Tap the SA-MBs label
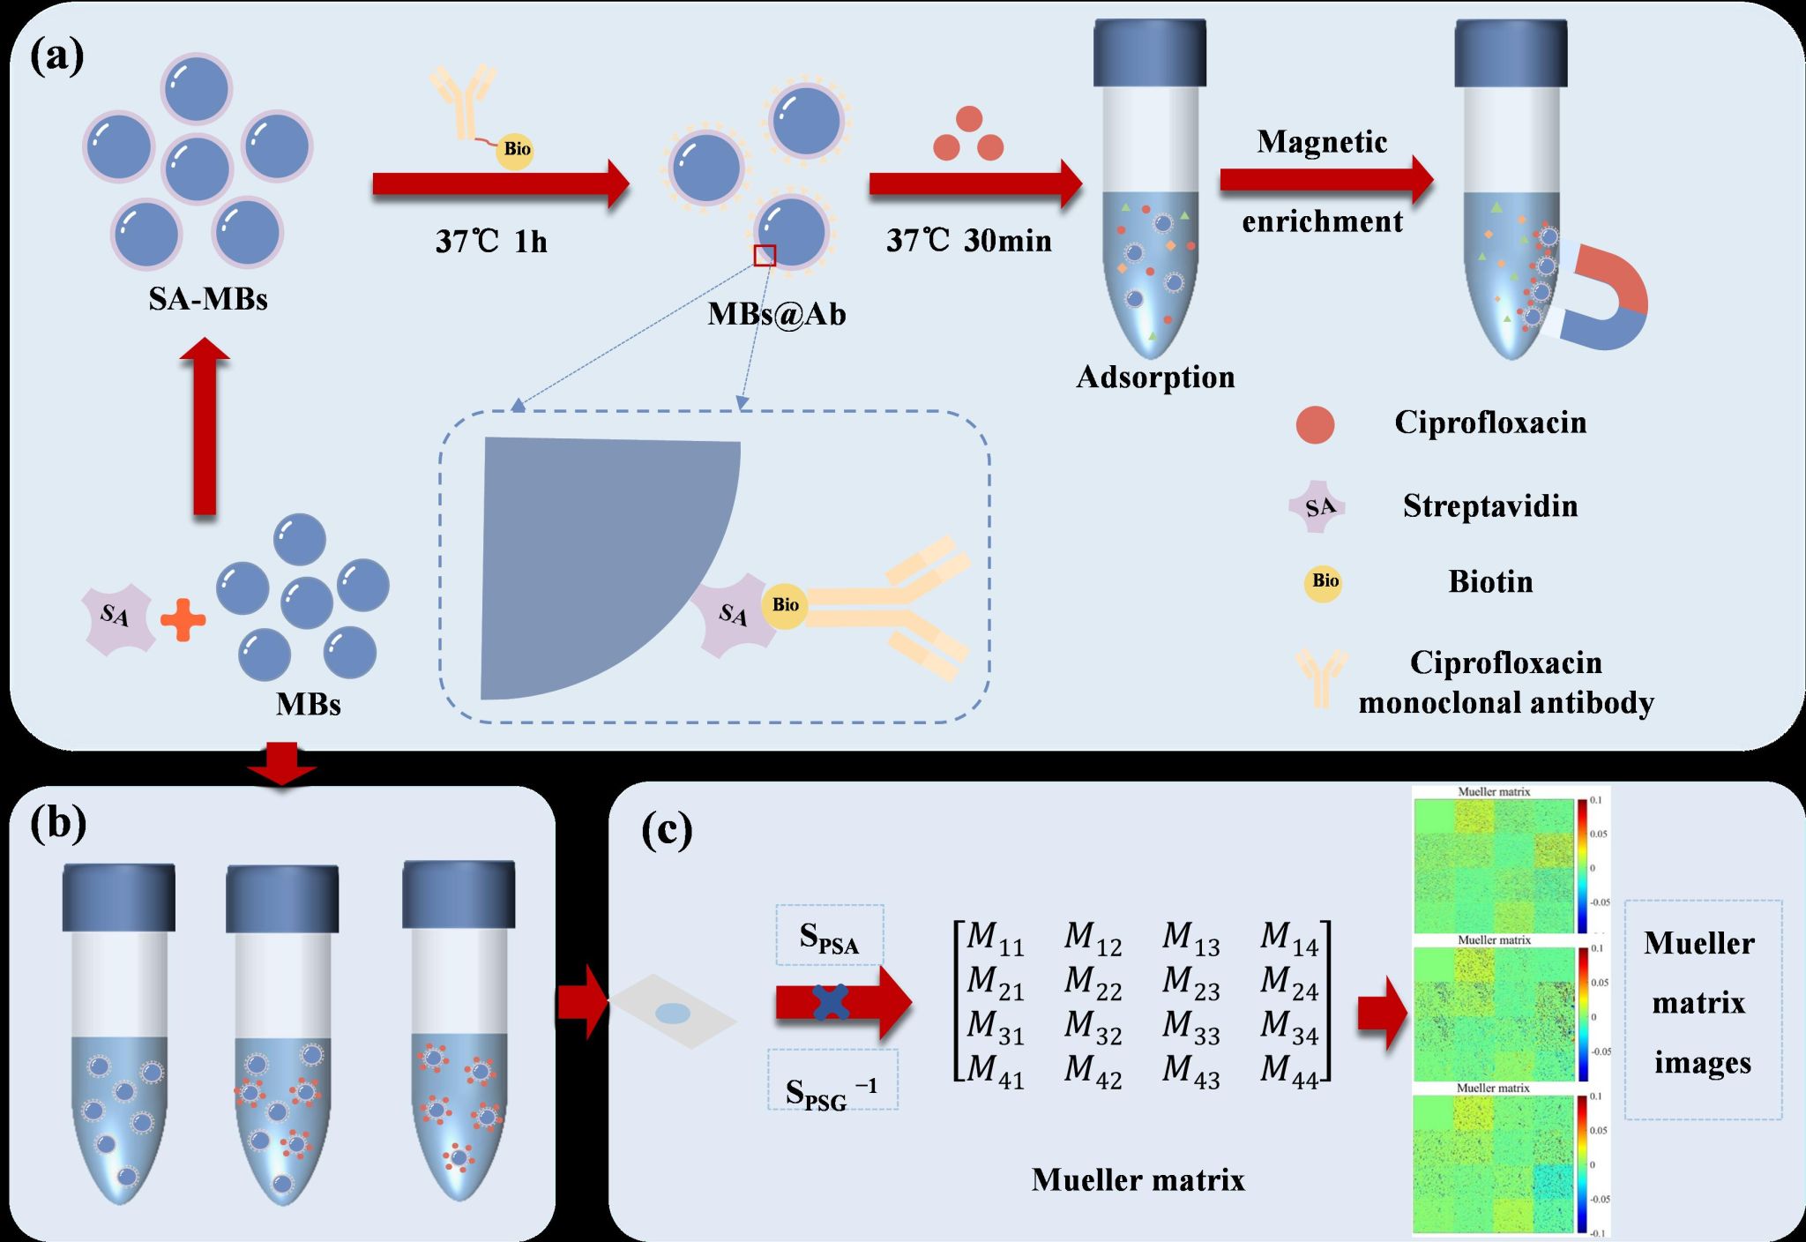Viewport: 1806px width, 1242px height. pos(208,299)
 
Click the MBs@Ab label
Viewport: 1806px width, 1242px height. pos(776,314)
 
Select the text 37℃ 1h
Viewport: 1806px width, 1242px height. pos(491,241)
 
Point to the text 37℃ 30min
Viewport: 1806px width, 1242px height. pos(968,240)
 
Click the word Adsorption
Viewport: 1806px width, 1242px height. pos(1155,377)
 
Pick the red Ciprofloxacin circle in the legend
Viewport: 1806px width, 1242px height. pos(1315,424)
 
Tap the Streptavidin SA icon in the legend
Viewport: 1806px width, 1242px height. pos(1318,507)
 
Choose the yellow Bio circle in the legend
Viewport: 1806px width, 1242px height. pos(1324,582)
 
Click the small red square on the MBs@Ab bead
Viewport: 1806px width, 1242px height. pos(765,255)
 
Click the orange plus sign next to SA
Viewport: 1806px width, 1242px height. pos(183,619)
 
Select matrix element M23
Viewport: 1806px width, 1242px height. pos(1190,982)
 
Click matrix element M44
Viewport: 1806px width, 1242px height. pos(1288,1071)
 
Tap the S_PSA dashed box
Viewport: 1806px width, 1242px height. pos(829,935)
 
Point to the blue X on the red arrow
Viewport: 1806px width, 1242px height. pos(832,1002)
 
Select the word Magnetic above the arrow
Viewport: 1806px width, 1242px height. pos(1322,142)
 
